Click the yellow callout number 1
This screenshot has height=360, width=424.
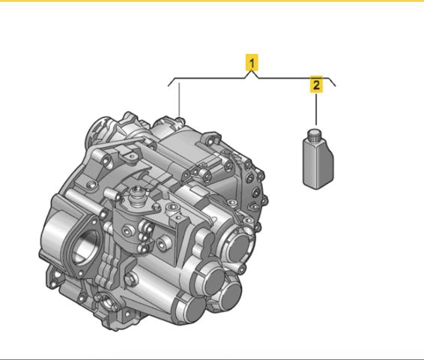(x=252, y=62)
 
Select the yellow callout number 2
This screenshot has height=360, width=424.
(x=316, y=84)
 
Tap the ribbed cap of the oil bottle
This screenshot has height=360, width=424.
(x=314, y=135)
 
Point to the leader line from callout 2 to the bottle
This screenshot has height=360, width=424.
(x=316, y=109)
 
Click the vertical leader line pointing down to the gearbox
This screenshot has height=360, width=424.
(x=179, y=100)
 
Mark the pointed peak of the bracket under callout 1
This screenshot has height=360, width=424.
(x=252, y=71)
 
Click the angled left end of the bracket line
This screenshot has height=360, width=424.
(x=171, y=82)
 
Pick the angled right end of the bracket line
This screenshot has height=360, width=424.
(x=333, y=82)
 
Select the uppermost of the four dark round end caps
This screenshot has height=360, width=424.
(x=239, y=248)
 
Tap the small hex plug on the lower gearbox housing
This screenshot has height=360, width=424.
(x=130, y=279)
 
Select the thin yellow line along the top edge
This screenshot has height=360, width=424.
(x=212, y=1)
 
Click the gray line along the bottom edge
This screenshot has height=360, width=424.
(x=212, y=359)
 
